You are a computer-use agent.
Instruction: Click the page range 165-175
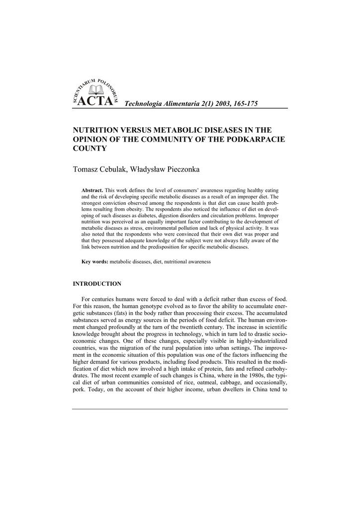coord(244,103)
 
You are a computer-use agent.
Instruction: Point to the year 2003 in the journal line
coord(215,103)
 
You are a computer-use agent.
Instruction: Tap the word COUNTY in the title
coord(90,149)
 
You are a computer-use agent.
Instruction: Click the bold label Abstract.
coord(92,190)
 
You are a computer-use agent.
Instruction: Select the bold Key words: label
coord(95,261)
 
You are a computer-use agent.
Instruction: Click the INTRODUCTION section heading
coord(97,284)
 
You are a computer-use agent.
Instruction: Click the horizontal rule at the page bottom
coord(180,409)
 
